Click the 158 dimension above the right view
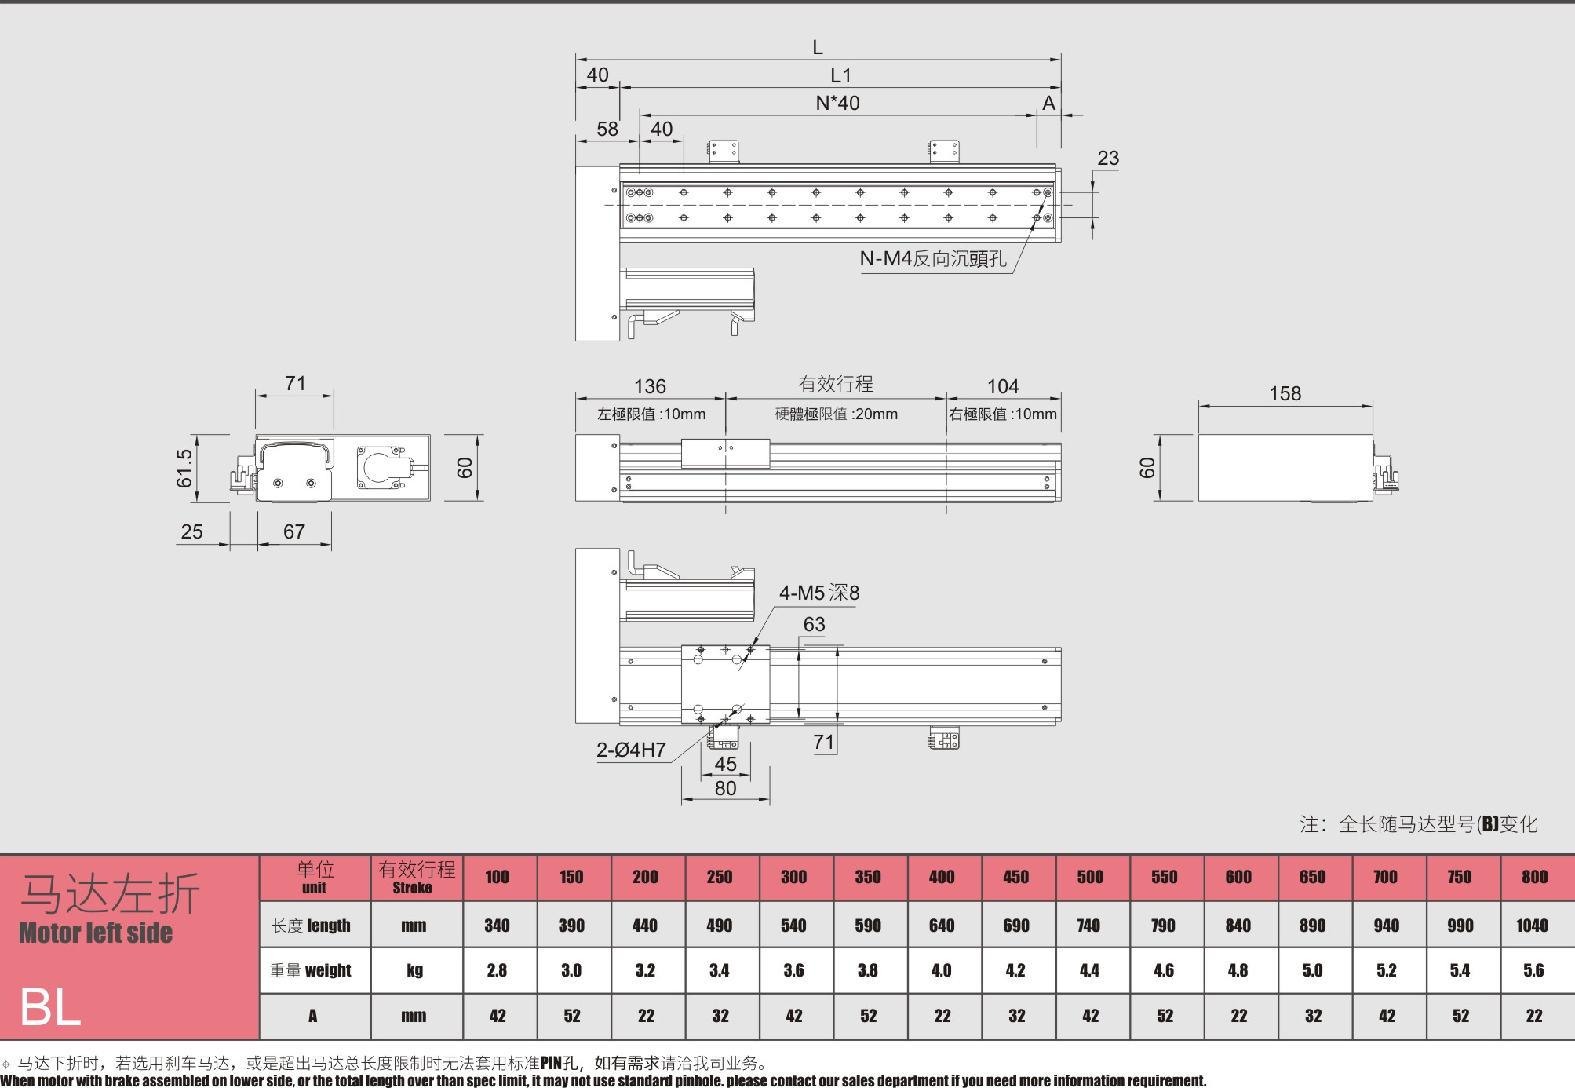click(1285, 393)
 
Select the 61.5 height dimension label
click(184, 468)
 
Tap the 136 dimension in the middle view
click(650, 386)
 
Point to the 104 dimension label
click(1003, 386)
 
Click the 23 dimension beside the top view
click(1108, 158)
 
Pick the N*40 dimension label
click(837, 103)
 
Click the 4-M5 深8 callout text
click(819, 593)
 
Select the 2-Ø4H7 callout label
click(631, 750)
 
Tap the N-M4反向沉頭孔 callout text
click(933, 258)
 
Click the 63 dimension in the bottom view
click(814, 624)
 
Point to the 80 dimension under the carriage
click(725, 788)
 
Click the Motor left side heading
click(96, 933)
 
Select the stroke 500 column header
click(1090, 877)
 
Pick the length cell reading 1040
click(1533, 926)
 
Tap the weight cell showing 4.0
click(942, 970)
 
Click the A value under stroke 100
click(498, 1016)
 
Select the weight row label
click(311, 970)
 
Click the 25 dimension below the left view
click(191, 531)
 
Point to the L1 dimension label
click(840, 75)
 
